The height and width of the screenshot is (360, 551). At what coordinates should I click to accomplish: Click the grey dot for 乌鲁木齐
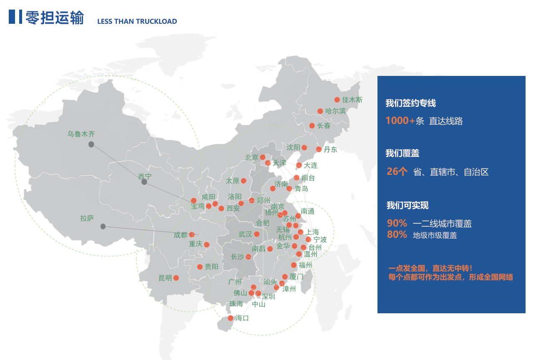point(91,144)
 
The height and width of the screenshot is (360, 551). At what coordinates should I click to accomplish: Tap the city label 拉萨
point(87,218)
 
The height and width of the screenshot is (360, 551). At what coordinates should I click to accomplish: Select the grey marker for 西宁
point(144,182)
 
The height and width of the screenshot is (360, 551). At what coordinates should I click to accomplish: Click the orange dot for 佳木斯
point(337,100)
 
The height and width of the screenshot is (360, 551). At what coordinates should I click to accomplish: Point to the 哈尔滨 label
point(336,111)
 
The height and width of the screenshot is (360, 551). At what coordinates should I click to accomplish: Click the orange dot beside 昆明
point(176,278)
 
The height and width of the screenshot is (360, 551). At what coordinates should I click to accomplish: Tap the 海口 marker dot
point(230,318)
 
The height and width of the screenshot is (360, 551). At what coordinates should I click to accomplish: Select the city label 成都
point(181,235)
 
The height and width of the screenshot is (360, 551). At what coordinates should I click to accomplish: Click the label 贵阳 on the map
point(211,267)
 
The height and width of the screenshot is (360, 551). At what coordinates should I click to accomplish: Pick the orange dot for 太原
point(244,181)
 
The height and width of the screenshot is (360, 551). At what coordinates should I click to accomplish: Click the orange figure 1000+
point(400,121)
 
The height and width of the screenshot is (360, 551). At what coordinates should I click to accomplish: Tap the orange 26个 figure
point(397,171)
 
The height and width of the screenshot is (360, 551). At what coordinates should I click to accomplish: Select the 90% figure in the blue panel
point(397,223)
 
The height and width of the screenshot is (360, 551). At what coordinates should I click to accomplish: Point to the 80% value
point(397,235)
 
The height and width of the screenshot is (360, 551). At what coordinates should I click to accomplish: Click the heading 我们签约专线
point(410,103)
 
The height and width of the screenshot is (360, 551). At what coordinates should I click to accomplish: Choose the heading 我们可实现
point(407,205)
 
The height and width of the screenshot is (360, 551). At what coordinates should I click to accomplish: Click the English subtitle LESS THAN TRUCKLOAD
point(137,21)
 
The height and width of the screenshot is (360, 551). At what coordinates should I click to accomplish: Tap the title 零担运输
point(55,18)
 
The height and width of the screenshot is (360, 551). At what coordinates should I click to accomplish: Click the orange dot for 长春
point(312,126)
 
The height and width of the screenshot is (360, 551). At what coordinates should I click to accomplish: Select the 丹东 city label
point(330,149)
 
